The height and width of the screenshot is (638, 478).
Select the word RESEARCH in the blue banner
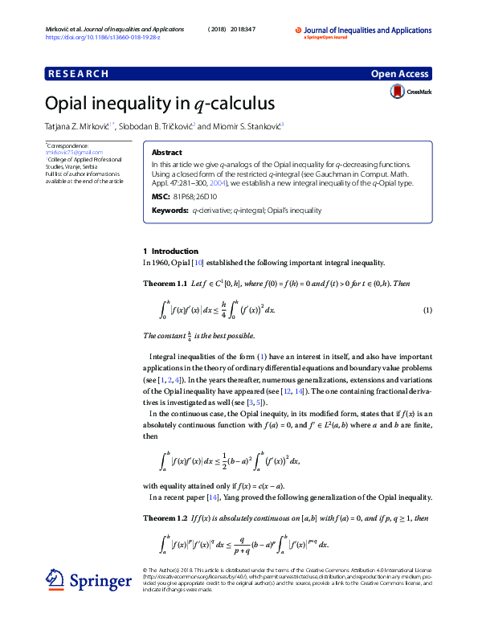(79, 74)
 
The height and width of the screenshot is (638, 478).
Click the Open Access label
(399, 74)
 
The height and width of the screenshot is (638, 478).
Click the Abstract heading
(166, 152)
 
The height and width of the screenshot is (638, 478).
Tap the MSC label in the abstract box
(160, 195)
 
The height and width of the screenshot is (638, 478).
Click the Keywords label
(170, 210)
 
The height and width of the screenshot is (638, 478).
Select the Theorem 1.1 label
(165, 284)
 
